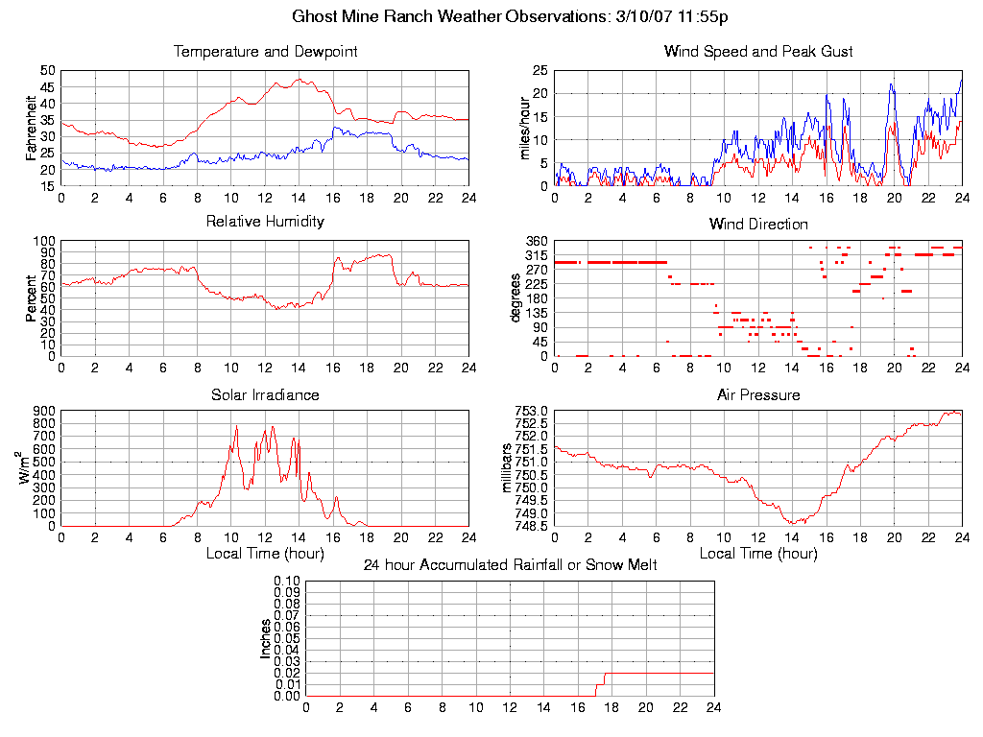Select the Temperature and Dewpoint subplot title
click(x=265, y=52)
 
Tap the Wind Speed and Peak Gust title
click(x=758, y=52)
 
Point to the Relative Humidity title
click(x=265, y=222)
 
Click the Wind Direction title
click(x=758, y=225)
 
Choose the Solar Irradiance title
click(x=265, y=394)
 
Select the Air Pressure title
click(x=758, y=394)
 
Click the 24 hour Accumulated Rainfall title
click(x=510, y=565)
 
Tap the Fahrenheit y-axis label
click(x=32, y=128)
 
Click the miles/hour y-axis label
click(x=525, y=128)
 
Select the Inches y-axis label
click(x=266, y=638)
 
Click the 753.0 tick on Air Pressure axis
click(x=533, y=411)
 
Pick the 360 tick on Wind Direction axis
click(x=537, y=241)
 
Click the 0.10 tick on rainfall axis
click(x=286, y=581)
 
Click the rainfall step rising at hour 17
click(x=598, y=684)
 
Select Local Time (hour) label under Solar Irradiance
click(x=265, y=554)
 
